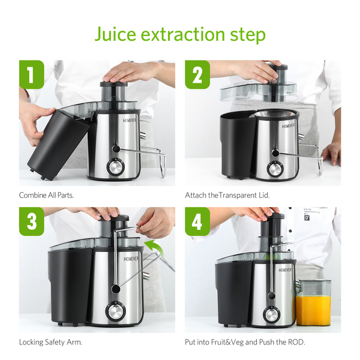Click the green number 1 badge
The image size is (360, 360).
(x=31, y=74)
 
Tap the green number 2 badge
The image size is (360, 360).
(x=197, y=74)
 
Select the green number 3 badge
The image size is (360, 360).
(x=31, y=221)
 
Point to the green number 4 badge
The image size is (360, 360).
(x=197, y=221)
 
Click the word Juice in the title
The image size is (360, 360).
(x=115, y=34)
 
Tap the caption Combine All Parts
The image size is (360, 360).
(x=46, y=196)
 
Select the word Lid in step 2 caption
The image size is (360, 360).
(x=264, y=196)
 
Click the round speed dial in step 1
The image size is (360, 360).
(x=115, y=167)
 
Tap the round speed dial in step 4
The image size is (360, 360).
(x=272, y=315)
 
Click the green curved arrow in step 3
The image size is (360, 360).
(x=154, y=248)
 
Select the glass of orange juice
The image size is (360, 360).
(x=314, y=302)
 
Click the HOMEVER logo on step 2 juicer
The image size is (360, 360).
(x=288, y=126)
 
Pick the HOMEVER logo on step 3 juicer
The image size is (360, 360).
(x=131, y=259)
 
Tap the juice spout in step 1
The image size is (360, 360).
(x=143, y=136)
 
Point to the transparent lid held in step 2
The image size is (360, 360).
(x=257, y=91)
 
